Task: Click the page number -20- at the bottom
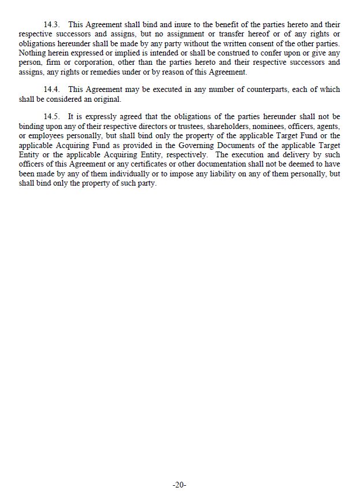[x=180, y=485]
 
